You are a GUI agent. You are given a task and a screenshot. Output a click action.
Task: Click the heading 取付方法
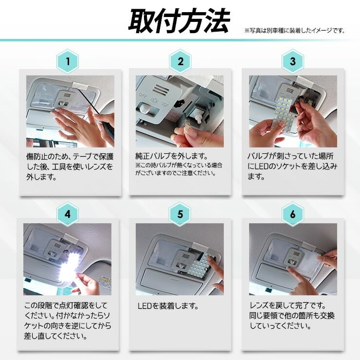(180, 21)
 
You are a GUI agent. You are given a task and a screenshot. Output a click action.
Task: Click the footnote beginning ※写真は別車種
(295, 30)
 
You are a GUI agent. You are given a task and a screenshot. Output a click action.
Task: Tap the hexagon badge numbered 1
(68, 61)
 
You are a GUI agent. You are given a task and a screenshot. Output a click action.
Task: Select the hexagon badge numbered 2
(180, 61)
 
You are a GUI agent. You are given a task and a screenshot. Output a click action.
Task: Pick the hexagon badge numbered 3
(293, 61)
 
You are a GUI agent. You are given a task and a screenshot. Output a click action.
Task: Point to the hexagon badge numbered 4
(68, 214)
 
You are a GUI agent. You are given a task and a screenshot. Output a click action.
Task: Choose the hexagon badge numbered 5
(180, 214)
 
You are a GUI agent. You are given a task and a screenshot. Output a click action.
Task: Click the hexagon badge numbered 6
(293, 214)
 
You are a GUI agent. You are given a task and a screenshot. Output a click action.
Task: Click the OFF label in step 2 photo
(143, 95)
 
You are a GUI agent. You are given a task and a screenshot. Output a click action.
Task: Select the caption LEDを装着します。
(168, 306)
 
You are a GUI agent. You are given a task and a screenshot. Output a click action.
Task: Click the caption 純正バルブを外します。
(172, 156)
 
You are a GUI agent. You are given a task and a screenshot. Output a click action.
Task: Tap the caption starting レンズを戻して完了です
(292, 316)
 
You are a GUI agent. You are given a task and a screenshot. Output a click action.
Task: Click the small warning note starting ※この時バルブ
(179, 169)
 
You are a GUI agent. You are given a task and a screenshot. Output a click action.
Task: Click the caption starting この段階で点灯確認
(68, 321)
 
